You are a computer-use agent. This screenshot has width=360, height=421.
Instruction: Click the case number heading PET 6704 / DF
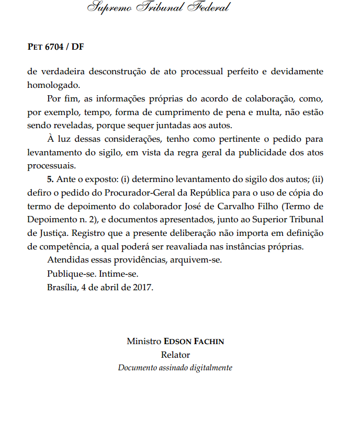pyautogui.click(x=55, y=47)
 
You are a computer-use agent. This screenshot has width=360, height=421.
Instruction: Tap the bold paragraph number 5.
pyautogui.click(x=50, y=179)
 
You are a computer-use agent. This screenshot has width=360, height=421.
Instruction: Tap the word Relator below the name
pyautogui.click(x=175, y=355)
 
